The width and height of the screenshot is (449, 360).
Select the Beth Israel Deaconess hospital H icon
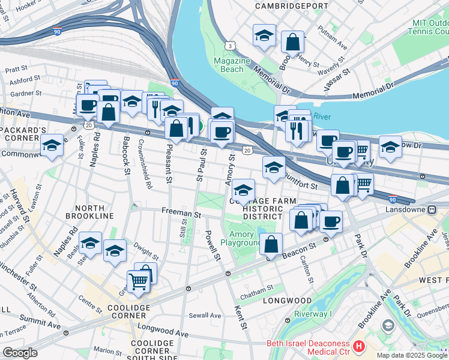coord(359,346)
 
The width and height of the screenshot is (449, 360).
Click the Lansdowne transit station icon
coord(431,210)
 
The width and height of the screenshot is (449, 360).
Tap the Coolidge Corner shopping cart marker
coord(138,281)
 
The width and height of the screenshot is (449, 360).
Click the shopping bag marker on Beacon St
coord(271,244)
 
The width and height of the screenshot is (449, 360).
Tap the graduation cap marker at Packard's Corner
coord(52,146)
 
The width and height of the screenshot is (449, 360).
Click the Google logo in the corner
coord(20,353)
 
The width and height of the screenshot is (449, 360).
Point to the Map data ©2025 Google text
coord(412,355)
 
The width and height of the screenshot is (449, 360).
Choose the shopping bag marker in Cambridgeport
coord(292,43)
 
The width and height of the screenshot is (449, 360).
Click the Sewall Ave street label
coord(205,315)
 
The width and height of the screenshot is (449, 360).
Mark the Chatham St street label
coord(256,295)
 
